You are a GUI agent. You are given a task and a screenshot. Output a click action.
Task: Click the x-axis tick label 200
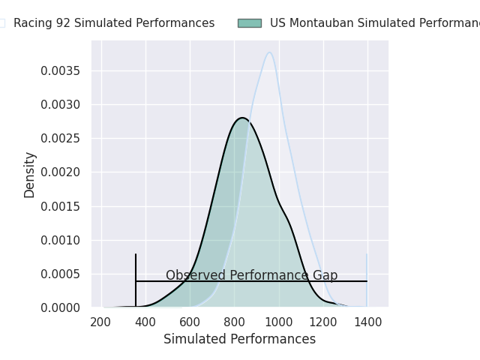point(101,322)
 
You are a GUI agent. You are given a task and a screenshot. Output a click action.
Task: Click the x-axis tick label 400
point(145,322)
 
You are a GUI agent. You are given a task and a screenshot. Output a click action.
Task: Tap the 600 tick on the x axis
point(190,322)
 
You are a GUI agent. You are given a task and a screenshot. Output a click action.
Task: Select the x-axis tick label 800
point(234,322)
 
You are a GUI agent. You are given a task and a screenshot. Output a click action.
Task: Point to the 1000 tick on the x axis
point(279,322)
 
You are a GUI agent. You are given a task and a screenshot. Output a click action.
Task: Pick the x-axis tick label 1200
point(323,322)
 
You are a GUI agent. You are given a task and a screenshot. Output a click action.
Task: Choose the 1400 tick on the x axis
point(367,322)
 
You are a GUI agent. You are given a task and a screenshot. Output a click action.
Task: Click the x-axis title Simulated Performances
point(239,340)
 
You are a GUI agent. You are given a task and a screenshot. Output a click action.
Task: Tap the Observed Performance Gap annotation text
point(251,276)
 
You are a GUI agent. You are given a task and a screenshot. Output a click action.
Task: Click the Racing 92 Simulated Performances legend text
point(114,23)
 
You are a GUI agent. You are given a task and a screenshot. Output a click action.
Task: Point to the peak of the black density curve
point(243,118)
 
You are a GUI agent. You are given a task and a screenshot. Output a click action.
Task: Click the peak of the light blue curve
point(269,52)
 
